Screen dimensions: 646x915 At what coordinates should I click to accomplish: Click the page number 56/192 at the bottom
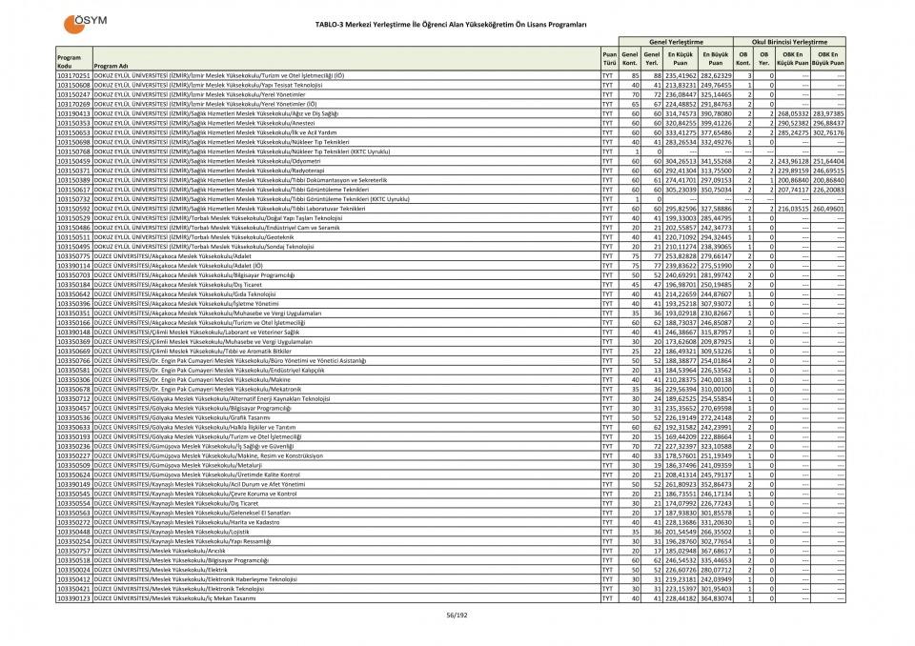[457, 615]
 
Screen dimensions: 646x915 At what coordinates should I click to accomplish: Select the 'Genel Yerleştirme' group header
[676, 43]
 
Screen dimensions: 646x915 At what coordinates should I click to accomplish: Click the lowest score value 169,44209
[680, 436]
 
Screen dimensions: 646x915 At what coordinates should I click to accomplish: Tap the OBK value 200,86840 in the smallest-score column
[794, 180]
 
